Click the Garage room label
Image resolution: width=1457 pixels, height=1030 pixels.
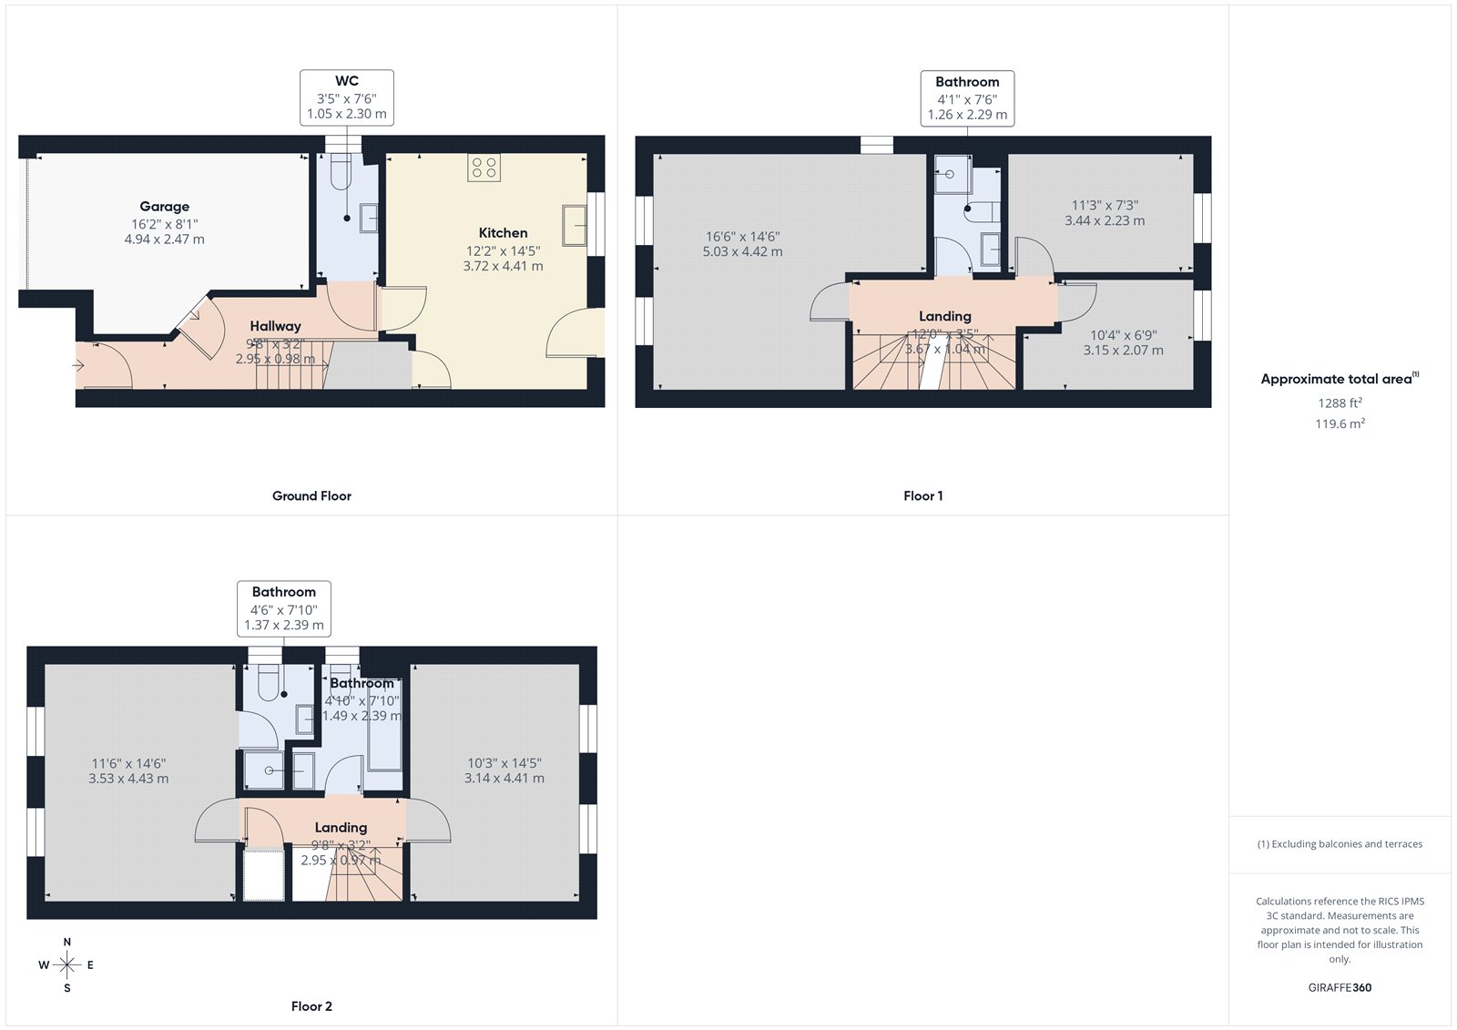164,207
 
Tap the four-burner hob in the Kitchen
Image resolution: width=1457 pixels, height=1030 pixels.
484,168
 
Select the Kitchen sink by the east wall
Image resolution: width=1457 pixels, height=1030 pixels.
574,225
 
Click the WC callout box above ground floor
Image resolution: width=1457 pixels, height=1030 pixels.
346,97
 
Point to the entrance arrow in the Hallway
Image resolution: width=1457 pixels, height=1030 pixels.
78,366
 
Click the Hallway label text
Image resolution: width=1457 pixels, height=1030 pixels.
275,326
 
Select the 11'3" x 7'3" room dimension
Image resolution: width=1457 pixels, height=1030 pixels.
1105,206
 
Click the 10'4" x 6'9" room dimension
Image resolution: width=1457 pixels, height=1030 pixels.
1123,335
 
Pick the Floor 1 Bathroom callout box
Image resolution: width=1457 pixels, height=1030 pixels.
967,98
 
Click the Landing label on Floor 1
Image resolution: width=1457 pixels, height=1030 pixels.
944,316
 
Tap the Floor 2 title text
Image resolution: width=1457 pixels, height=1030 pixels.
311,1006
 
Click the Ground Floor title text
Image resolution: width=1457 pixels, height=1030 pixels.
311,496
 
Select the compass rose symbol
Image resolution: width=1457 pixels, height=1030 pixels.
67,964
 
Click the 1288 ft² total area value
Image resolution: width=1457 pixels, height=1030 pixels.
1340,403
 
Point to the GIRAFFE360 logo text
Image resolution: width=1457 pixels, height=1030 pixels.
1340,987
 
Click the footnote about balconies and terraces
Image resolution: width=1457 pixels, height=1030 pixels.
1340,844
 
